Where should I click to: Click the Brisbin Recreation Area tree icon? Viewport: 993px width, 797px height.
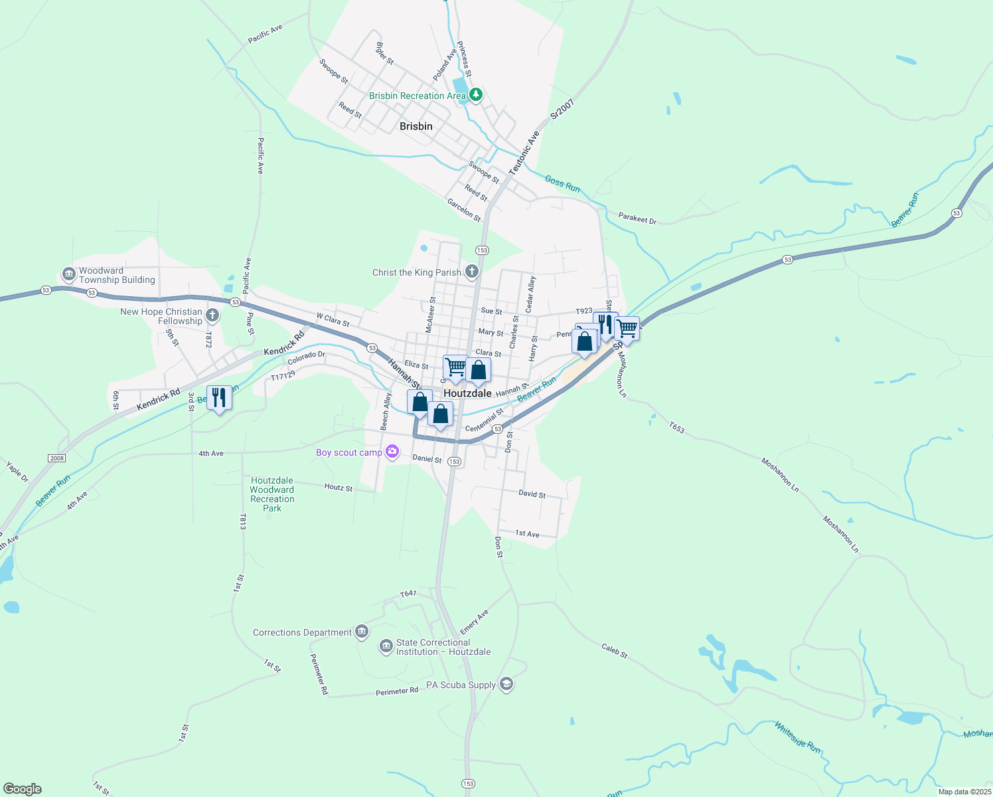tap(475, 95)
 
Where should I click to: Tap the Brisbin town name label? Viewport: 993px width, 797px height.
tap(416, 126)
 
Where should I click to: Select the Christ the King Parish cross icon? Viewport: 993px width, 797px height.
tap(471, 271)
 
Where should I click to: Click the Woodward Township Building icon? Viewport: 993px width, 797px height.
tap(68, 274)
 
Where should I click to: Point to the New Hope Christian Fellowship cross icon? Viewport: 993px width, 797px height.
tap(212, 315)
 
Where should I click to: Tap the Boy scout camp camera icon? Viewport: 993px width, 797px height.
tap(392, 452)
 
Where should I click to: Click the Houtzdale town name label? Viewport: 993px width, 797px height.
tap(467, 393)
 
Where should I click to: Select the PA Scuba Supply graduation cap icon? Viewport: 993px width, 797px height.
tap(506, 685)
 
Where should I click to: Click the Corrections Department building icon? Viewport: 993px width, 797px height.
tap(362, 632)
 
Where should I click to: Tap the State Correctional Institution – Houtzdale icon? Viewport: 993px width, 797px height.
tap(386, 646)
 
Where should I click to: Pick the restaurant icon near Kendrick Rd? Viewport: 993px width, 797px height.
tap(219, 398)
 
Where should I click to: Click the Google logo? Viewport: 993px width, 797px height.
tap(23, 789)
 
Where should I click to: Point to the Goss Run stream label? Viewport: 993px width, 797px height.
tap(562, 184)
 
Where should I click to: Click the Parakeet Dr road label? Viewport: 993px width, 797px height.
tap(637, 218)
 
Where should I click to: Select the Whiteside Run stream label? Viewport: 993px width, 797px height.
tap(797, 737)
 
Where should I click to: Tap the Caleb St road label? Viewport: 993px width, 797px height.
tap(615, 650)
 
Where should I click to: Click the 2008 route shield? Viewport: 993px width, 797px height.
tap(57, 458)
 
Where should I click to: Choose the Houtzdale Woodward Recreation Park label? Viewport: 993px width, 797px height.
tap(272, 494)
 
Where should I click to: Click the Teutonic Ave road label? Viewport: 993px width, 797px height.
tap(524, 153)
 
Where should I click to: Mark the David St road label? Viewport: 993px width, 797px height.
tap(532, 494)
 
